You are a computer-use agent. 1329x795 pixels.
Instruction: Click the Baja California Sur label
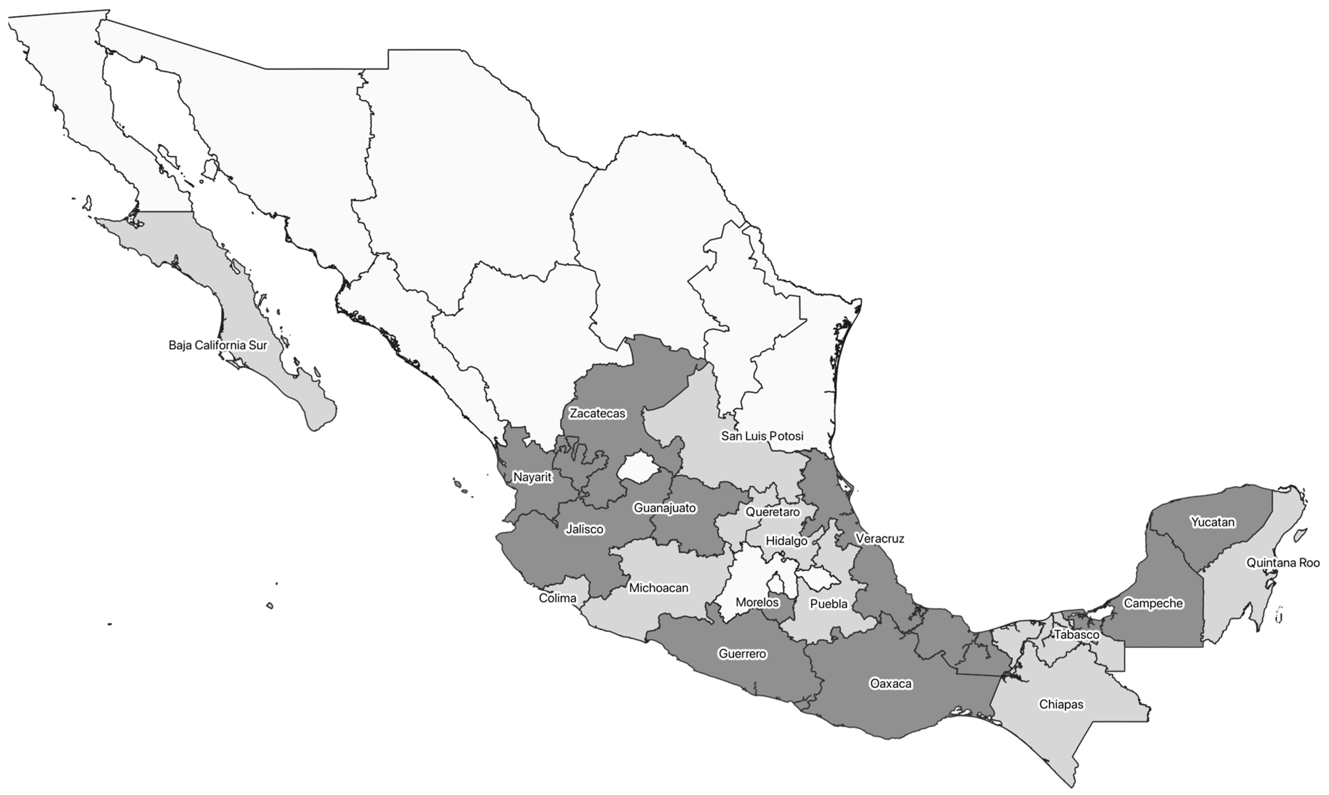pyautogui.click(x=218, y=346)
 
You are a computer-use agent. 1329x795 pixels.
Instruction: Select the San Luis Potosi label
pyautogui.click(x=762, y=436)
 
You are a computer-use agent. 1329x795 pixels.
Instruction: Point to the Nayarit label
pyautogui.click(x=532, y=477)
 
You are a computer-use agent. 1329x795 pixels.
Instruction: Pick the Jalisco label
pyautogui.click(x=585, y=529)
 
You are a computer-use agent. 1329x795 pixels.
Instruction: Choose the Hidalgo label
pyautogui.click(x=786, y=541)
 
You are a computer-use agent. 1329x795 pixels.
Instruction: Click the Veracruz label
pyautogui.click(x=879, y=539)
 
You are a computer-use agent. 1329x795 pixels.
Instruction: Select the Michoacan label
pyautogui.click(x=658, y=588)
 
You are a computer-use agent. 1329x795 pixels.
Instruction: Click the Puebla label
pyautogui.click(x=829, y=604)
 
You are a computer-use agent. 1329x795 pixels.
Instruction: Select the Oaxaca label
pyautogui.click(x=890, y=683)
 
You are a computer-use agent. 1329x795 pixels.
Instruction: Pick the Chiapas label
pyautogui.click(x=1061, y=704)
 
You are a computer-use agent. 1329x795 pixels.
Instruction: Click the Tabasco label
pyautogui.click(x=1076, y=635)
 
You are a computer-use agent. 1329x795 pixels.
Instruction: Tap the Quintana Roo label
pyautogui.click(x=1283, y=563)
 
